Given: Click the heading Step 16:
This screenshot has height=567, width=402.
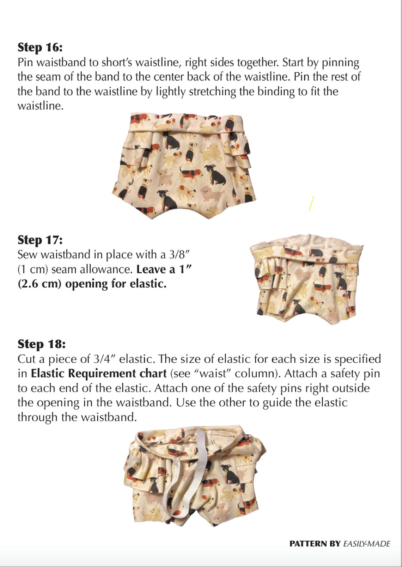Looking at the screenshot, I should pos(40,47).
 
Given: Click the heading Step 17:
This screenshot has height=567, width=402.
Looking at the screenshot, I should pos(40,240).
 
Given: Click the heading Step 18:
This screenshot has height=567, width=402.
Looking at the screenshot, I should pos(41,344).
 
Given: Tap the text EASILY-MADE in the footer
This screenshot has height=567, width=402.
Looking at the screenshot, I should pos(367,544).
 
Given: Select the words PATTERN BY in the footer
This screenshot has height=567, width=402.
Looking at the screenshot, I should pos(315,544).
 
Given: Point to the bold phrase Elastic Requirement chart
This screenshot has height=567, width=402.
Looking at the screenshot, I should pos(99,374).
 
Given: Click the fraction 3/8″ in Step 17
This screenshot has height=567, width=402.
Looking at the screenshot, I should pos(178,254).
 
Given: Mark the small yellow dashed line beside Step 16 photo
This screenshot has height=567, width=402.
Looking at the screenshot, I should pos(311,204).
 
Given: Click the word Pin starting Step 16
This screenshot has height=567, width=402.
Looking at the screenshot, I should pos(25,62).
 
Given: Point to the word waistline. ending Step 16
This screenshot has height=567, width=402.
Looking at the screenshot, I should pos(41,106).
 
